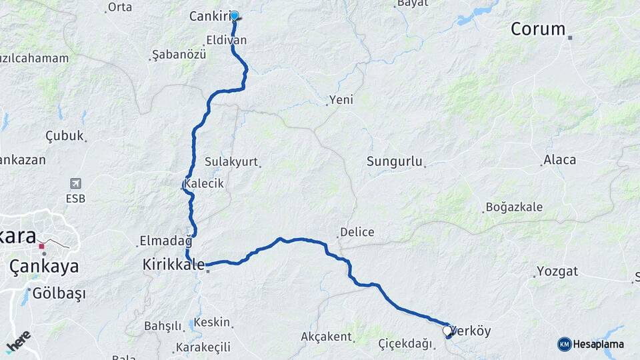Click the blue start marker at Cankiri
(234, 15)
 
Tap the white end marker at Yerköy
(447, 330)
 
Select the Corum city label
(537, 29)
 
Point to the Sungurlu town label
(395, 161)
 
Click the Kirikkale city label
(173, 265)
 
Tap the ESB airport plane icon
(75, 183)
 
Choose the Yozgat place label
(558, 272)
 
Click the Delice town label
(357, 233)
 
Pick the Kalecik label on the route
(204, 183)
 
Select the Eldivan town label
(226, 40)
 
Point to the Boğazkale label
(514, 207)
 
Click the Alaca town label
(559, 160)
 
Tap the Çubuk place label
(65, 136)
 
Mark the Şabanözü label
(179, 54)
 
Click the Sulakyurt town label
(231, 162)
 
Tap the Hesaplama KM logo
(591, 344)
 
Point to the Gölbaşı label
(59, 293)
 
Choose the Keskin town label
(212, 323)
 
